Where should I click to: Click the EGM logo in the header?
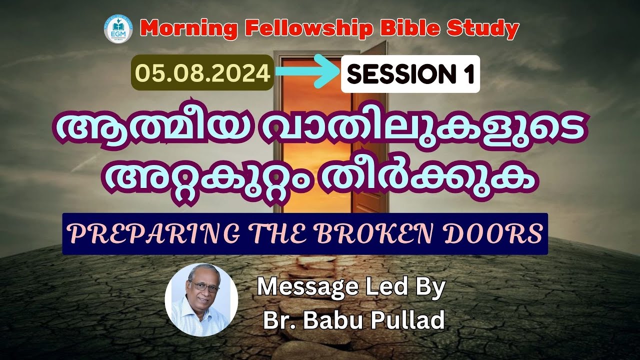point(114,30)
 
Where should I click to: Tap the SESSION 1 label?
point(410,74)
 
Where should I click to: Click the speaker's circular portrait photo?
point(201,299)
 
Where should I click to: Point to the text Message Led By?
point(350,288)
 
